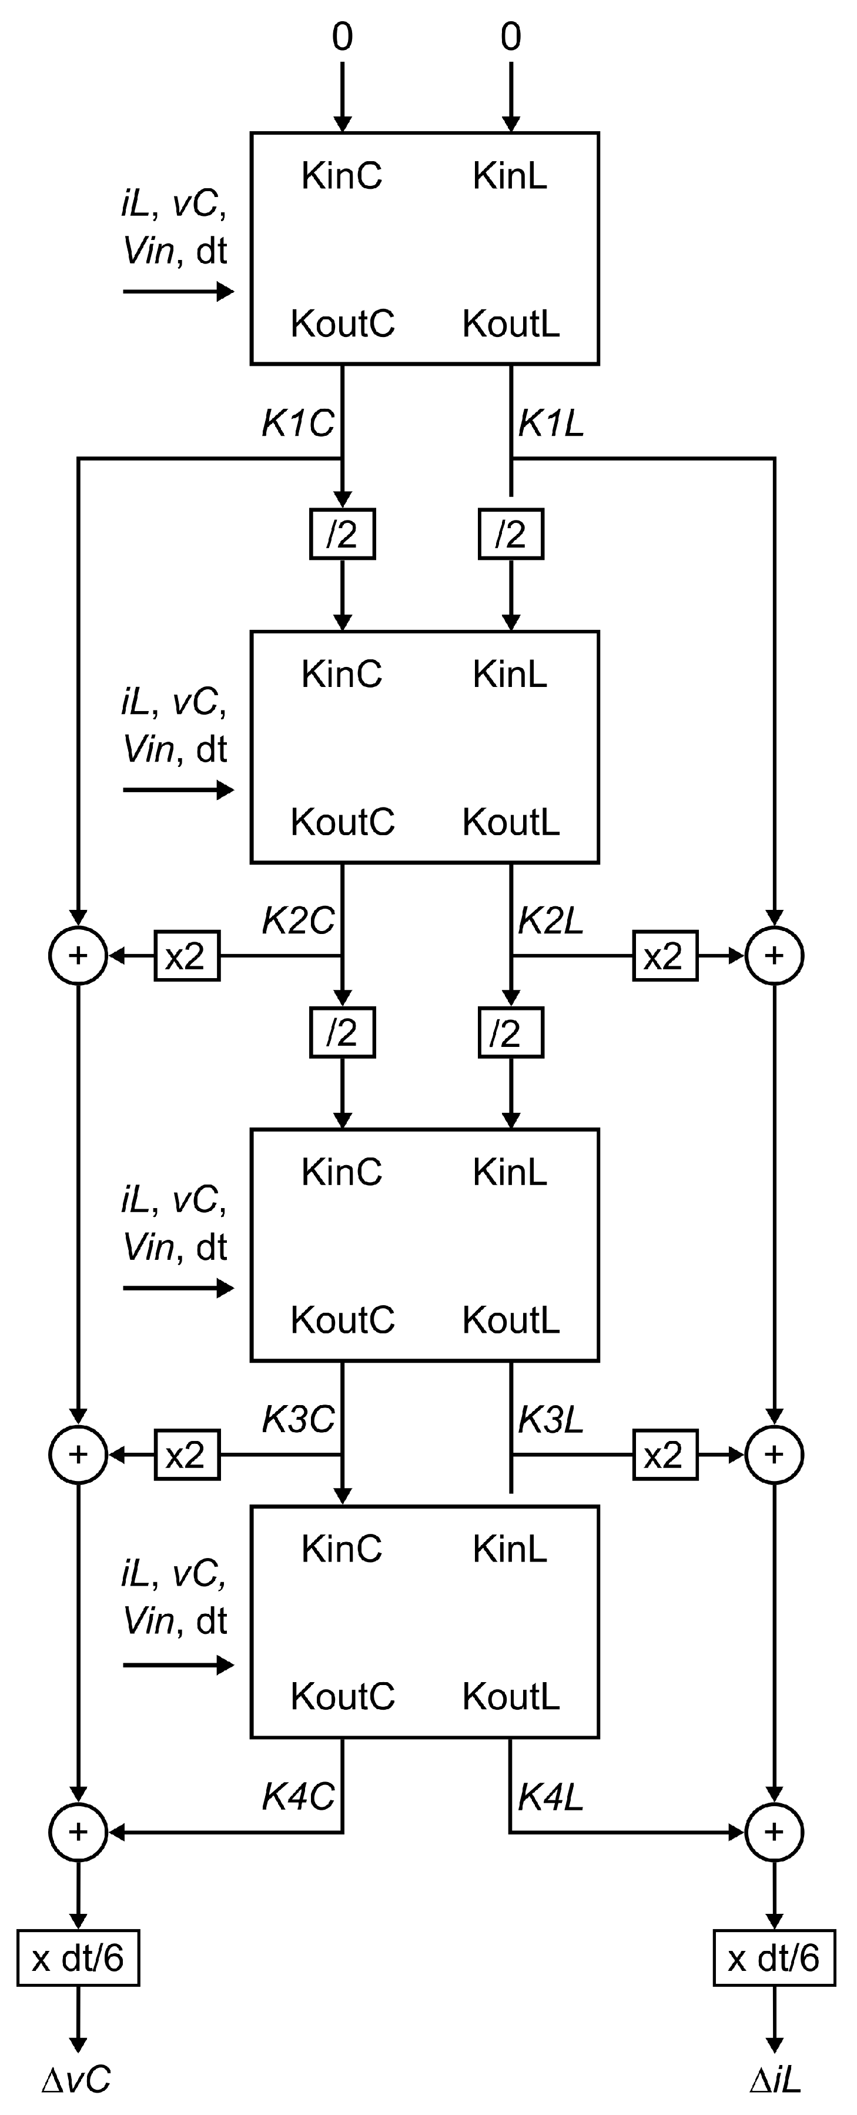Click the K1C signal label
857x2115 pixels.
pyautogui.click(x=297, y=423)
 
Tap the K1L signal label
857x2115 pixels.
pyautogui.click(x=551, y=423)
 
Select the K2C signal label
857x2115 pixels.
pyautogui.click(x=297, y=921)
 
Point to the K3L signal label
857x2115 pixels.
pyautogui.click(x=551, y=1420)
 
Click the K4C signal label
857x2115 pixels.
pyautogui.click(x=297, y=1797)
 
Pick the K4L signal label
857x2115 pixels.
pyautogui.click(x=551, y=1797)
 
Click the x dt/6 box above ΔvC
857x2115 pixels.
pyautogui.click(x=78, y=1958)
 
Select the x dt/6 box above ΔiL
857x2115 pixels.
pyautogui.click(x=774, y=1958)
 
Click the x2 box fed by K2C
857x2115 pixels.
pyautogui.click(x=187, y=956)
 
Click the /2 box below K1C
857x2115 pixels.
pyautogui.click(x=342, y=535)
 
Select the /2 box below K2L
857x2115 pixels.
pyautogui.click(x=511, y=1033)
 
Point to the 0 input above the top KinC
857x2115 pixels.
pyautogui.click(x=342, y=37)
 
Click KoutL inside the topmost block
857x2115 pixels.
pyautogui.click(x=511, y=323)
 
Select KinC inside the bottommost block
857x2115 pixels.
pyautogui.click(x=342, y=1549)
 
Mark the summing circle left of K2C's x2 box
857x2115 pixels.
pyautogui.click(x=78, y=956)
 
